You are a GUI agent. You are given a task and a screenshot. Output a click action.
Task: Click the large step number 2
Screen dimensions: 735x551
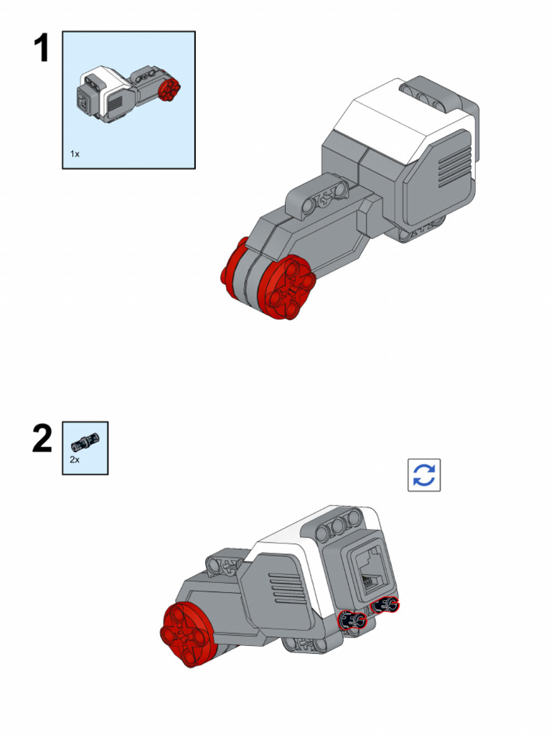point(42,439)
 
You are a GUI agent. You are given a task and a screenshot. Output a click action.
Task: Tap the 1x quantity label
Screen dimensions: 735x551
point(75,154)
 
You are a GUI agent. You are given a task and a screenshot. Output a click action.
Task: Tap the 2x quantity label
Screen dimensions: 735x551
point(75,459)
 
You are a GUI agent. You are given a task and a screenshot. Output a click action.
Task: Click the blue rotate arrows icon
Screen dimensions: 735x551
point(424,475)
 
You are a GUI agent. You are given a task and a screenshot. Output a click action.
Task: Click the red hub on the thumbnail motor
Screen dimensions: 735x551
point(170,90)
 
